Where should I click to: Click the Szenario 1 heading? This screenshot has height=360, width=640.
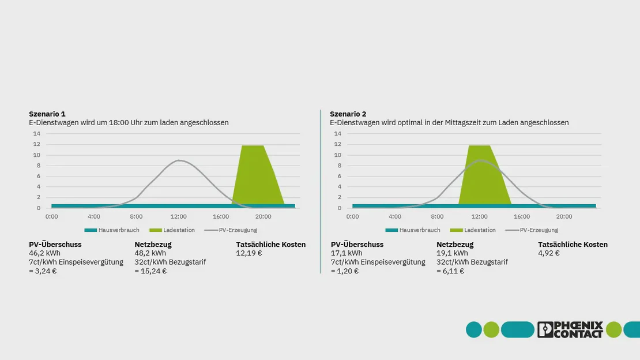click(47, 114)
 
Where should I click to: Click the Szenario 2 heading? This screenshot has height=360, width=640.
click(348, 114)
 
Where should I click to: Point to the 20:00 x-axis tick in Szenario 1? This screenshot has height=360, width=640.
click(263, 217)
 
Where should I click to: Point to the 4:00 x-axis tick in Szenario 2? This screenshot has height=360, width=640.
click(395, 217)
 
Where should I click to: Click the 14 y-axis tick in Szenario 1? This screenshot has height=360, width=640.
click(37, 134)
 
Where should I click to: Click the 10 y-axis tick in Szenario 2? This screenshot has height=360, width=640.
click(338, 155)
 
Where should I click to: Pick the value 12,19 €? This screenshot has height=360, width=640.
click(249, 253)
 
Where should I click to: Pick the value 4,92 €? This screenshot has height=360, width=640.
click(549, 253)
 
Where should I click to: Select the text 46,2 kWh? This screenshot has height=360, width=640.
click(44, 253)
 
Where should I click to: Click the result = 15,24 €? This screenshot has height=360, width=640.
click(150, 271)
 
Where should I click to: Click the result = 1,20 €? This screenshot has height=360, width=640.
click(345, 271)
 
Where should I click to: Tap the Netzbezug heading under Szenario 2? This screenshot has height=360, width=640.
click(455, 245)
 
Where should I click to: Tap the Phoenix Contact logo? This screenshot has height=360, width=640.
click(570, 329)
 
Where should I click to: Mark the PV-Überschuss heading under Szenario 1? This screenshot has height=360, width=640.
click(55, 245)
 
